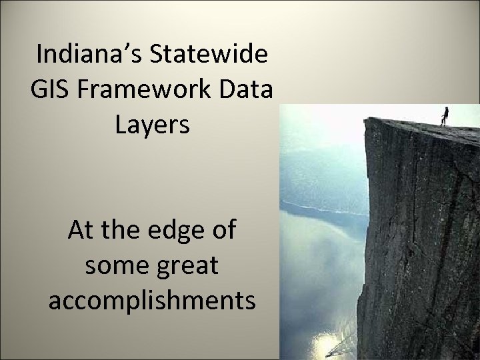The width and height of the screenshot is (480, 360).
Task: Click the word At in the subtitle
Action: click(x=81, y=232)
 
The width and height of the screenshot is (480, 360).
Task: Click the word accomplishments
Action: click(x=152, y=302)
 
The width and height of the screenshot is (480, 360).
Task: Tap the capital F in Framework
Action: click(x=83, y=90)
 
